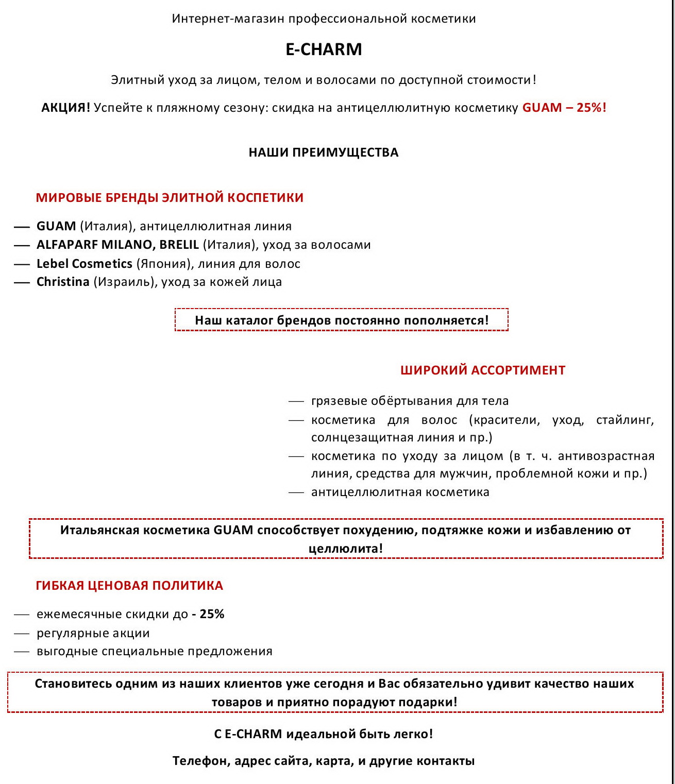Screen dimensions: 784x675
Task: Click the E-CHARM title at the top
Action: [324, 49]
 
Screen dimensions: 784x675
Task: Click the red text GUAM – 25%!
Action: [564, 108]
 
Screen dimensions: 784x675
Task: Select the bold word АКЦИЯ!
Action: [65, 108]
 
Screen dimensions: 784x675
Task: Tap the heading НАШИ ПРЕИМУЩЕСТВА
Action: [324, 152]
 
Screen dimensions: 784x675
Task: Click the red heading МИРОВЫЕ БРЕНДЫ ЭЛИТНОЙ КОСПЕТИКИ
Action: [170, 198]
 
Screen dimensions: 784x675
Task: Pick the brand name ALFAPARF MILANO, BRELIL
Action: [117, 245]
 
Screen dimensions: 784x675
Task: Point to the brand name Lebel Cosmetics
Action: [85, 264]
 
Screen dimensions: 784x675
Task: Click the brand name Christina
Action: [63, 282]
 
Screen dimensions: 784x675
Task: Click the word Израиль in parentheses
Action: [124, 282]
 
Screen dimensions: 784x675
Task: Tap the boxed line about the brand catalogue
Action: [342, 320]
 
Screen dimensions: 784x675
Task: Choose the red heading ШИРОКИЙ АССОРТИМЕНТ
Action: [483, 370]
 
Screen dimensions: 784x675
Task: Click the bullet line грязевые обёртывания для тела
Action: [410, 401]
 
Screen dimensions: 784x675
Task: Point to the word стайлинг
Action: [625, 420]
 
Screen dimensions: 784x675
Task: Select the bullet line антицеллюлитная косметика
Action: [400, 492]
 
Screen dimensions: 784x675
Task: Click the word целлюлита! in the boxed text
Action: [346, 549]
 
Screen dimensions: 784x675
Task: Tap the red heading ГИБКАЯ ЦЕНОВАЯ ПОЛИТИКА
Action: [129, 586]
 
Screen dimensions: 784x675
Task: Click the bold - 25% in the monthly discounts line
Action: [208, 614]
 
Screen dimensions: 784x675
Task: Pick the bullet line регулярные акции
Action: [93, 633]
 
